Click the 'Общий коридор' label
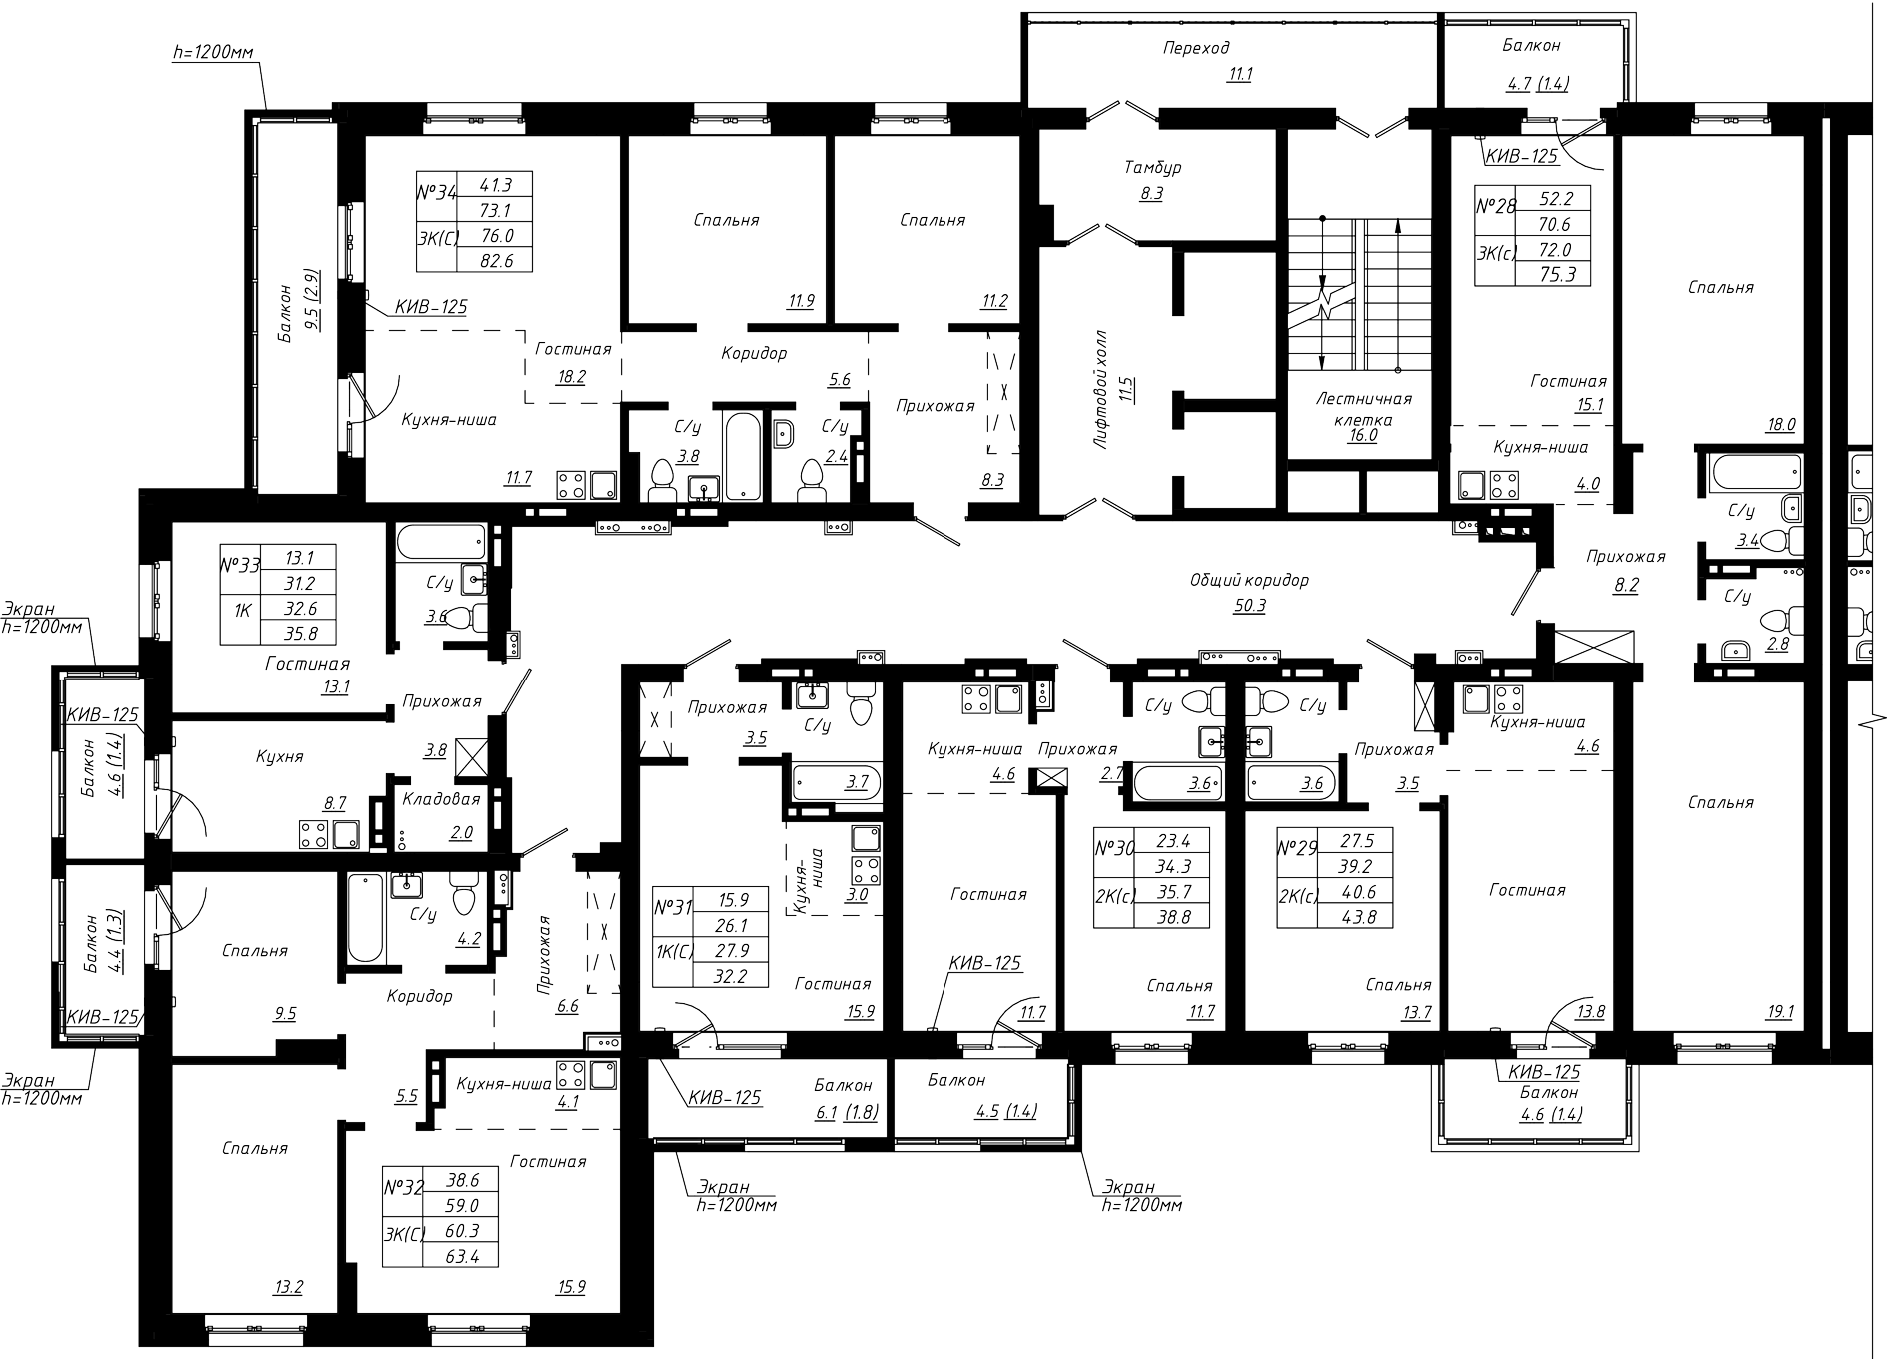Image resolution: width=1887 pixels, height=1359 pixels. [x=1249, y=580]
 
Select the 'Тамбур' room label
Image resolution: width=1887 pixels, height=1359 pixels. [x=1152, y=168]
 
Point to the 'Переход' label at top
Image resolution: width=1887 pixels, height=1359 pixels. [x=1196, y=48]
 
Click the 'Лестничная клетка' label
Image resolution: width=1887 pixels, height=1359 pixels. [x=1363, y=409]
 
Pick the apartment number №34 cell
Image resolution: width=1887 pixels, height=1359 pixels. [x=436, y=191]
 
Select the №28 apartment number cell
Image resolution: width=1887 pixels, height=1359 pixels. [x=1496, y=208]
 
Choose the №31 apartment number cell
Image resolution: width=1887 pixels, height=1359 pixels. [x=673, y=908]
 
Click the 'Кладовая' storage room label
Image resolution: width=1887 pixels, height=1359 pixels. [x=441, y=799]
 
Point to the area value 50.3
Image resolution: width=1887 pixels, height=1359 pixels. [x=1249, y=606]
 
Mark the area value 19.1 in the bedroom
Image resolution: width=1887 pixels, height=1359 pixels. [x=1780, y=1012]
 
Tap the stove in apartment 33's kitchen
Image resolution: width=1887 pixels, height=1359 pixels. [x=314, y=835]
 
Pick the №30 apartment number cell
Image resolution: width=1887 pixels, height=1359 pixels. [x=1114, y=848]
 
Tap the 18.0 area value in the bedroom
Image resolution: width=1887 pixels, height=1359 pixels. [x=1780, y=424]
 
